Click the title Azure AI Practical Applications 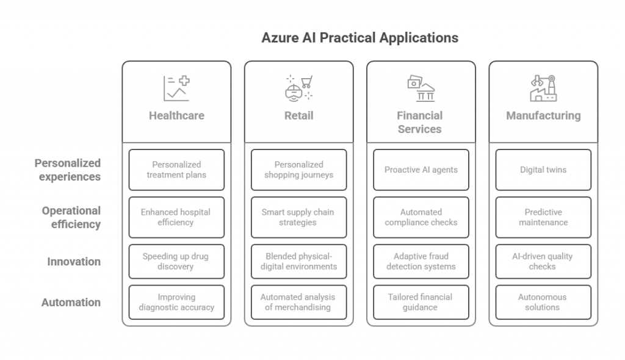click(359, 38)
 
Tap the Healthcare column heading click(176, 115)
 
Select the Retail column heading click(298, 115)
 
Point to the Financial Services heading click(420, 123)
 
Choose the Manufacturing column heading click(543, 115)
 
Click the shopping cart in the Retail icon click(306, 82)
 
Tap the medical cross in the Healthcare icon click(184, 81)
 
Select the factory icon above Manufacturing click(543, 88)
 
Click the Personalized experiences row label click(67, 170)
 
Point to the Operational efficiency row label click(71, 217)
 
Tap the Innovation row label click(74, 262)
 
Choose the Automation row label click(71, 302)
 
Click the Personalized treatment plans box click(176, 170)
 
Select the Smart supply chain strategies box click(298, 217)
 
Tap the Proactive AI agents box click(421, 170)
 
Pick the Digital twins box click(543, 170)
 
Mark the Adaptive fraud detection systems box click(421, 262)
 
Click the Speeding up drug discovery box click(176, 262)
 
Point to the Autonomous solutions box click(543, 302)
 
